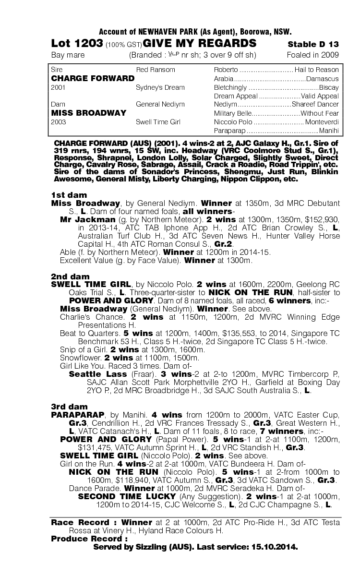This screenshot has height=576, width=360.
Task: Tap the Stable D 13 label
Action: click(x=313, y=45)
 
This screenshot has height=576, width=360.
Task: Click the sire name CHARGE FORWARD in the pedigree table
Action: click(x=93, y=78)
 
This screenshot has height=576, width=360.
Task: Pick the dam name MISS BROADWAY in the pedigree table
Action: click(x=89, y=113)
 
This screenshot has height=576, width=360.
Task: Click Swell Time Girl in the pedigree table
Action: click(x=158, y=122)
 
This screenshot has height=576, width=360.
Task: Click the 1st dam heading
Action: click(x=69, y=195)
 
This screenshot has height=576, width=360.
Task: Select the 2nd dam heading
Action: click(x=70, y=276)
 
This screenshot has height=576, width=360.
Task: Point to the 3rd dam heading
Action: click(x=69, y=406)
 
